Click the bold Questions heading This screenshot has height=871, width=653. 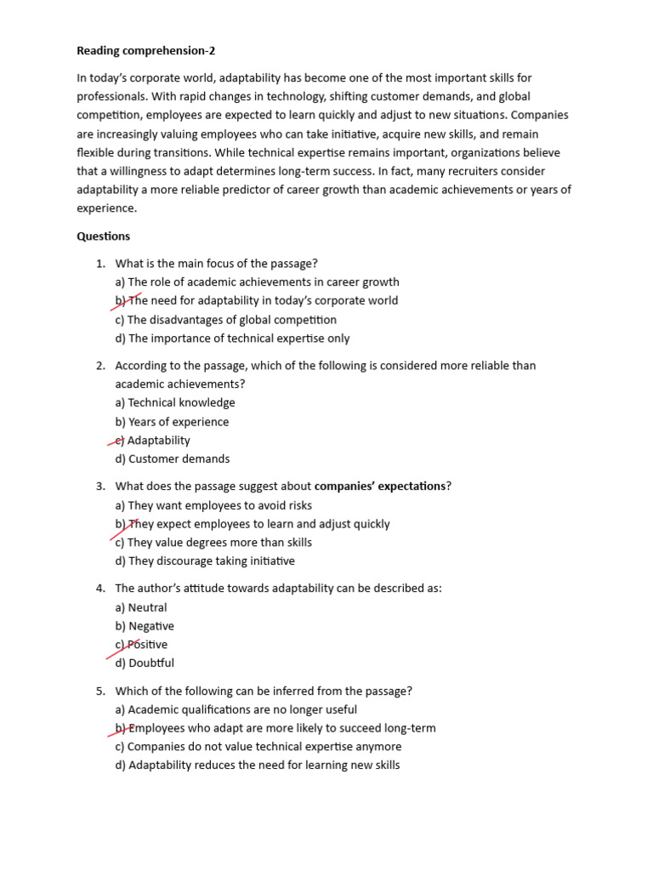pyautogui.click(x=104, y=236)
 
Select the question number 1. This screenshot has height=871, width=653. pyautogui.click(x=99, y=264)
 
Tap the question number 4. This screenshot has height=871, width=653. pyautogui.click(x=99, y=589)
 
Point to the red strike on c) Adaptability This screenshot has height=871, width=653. pyautogui.click(x=119, y=441)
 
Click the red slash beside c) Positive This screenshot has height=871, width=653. pyautogui.click(x=123, y=650)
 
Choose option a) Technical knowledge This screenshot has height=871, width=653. pyautogui.click(x=175, y=403)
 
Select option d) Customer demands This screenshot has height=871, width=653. pyautogui.click(x=173, y=459)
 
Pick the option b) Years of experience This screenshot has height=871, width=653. pyautogui.click(x=172, y=422)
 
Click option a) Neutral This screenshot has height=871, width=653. pyautogui.click(x=141, y=607)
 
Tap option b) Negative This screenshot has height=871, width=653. pyautogui.click(x=145, y=626)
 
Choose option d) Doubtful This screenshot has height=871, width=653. pyautogui.click(x=145, y=663)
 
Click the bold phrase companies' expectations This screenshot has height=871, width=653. pyautogui.click(x=379, y=487)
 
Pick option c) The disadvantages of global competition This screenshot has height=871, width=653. pyautogui.click(x=225, y=320)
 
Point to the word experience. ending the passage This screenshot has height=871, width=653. pyautogui.click(x=106, y=208)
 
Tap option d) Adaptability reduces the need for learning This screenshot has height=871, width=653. pyautogui.click(x=257, y=766)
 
